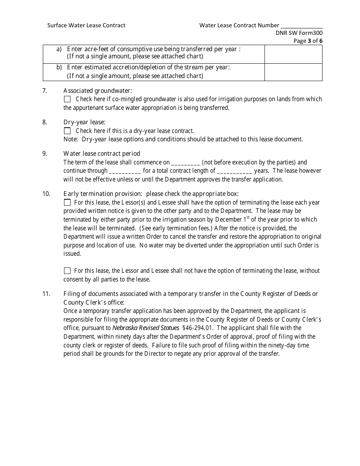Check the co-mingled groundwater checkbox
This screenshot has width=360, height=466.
tap(67, 99)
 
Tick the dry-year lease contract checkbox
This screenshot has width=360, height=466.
tap(67, 131)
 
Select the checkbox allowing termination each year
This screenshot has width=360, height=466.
tap(67, 203)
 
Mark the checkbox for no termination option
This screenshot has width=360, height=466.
tap(67, 271)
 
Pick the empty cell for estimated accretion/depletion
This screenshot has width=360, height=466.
tap(293, 72)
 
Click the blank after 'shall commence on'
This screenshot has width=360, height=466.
tap(186, 163)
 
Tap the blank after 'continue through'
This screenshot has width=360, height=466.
tap(125, 171)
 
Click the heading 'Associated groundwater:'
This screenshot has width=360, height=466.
tap(98, 91)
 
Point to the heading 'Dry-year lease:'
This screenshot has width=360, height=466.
tap(84, 122)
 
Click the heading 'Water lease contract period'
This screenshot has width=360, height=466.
tap(102, 153)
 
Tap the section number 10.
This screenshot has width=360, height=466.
tap(46, 194)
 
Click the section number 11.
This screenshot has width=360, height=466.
tap(46, 294)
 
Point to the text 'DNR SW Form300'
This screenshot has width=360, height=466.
tap(299, 33)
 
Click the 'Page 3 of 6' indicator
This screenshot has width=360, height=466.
tap(308, 41)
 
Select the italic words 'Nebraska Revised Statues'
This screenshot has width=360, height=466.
tap(146, 328)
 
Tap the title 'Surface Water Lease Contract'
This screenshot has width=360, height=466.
tap(86, 25)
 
